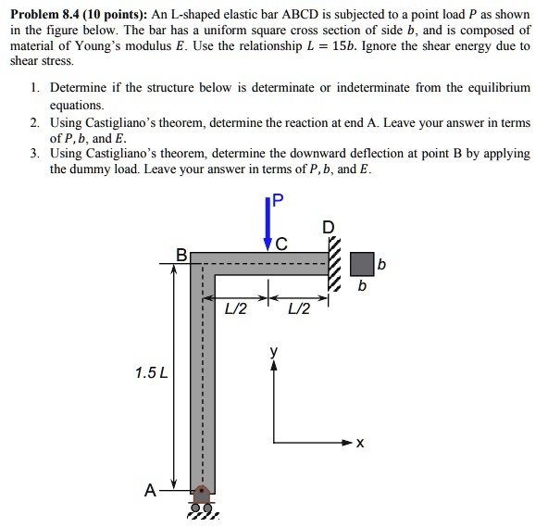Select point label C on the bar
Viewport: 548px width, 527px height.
[x=281, y=245]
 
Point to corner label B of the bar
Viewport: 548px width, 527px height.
[x=181, y=253]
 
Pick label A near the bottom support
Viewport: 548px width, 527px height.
[x=149, y=491]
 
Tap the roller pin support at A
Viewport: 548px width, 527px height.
[x=198, y=500]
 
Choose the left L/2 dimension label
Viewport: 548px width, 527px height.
[x=237, y=308]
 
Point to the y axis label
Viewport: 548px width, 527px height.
[x=273, y=352]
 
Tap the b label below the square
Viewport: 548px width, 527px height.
[x=362, y=287]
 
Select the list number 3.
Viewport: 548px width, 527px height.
[x=33, y=154]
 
